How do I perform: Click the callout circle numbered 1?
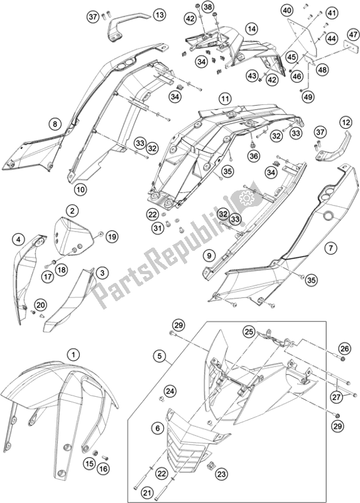[x=74, y=355]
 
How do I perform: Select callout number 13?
[x=160, y=14]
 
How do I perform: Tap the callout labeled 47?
[x=353, y=35]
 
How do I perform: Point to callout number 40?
[x=286, y=11]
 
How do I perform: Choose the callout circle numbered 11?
[x=225, y=99]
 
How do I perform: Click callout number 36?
[x=253, y=157]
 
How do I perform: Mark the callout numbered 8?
[x=55, y=123]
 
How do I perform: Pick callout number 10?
[x=80, y=190]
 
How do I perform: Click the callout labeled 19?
[x=111, y=237]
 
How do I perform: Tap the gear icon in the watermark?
[x=246, y=199]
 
